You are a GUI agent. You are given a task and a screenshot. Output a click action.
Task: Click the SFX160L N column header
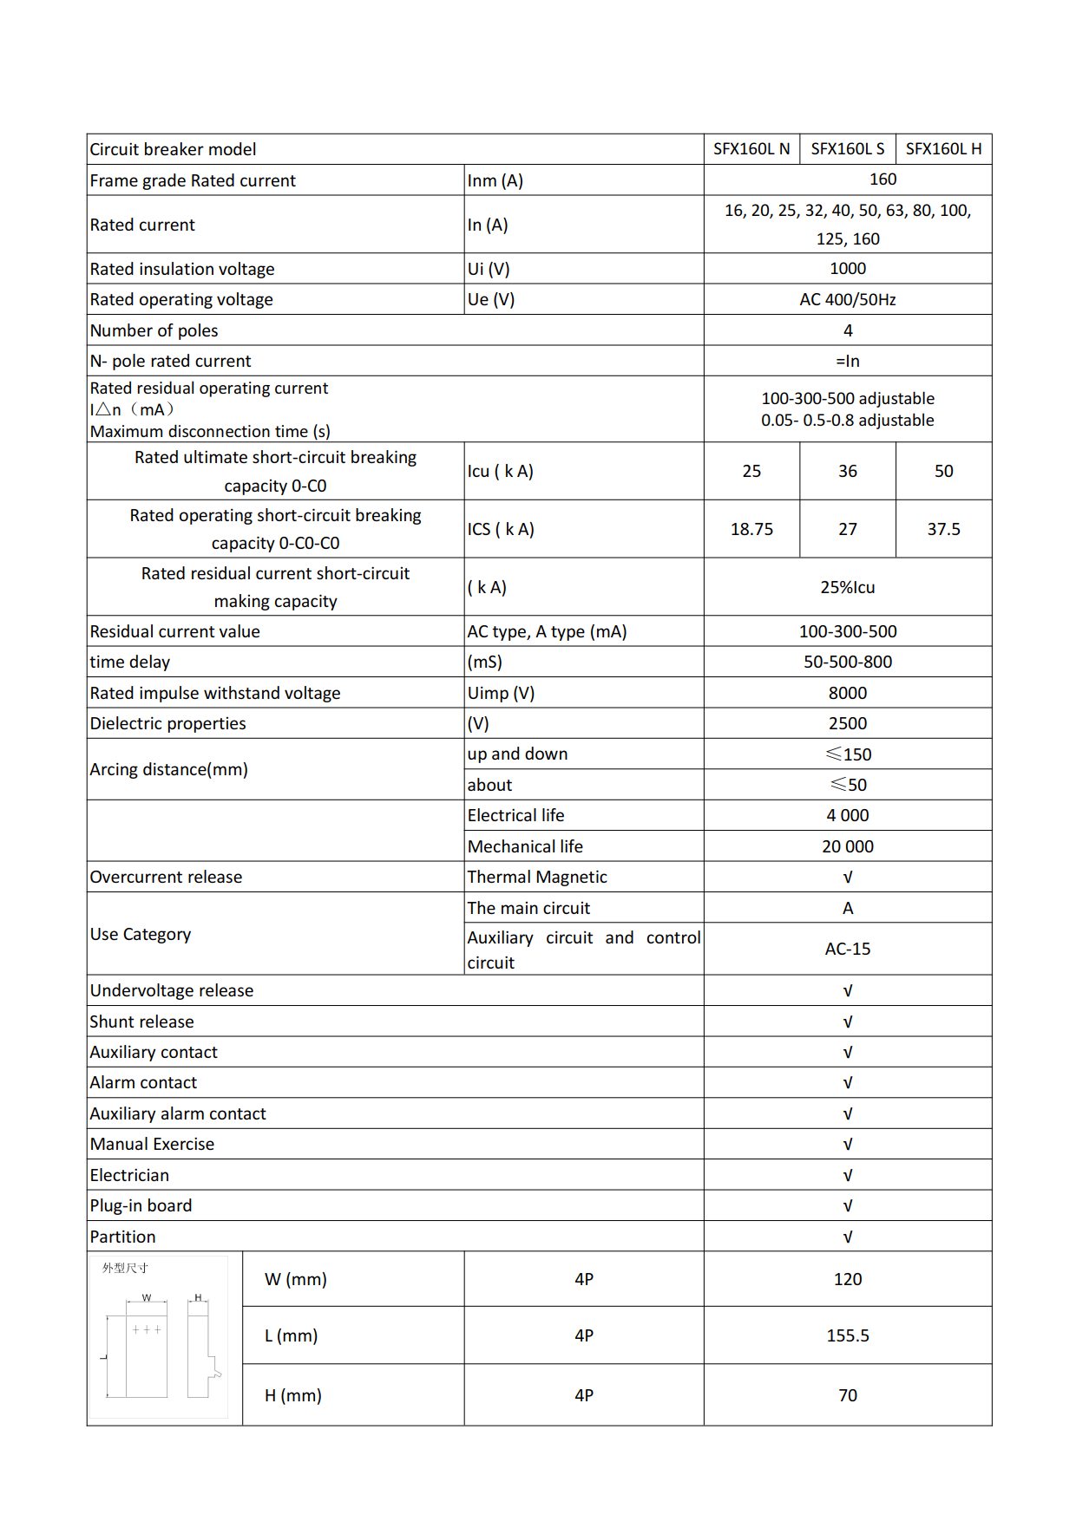(x=751, y=149)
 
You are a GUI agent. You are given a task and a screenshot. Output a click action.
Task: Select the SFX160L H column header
(x=943, y=149)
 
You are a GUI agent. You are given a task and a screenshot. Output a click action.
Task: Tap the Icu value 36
(x=847, y=471)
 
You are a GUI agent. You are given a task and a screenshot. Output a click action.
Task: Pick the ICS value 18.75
(x=751, y=529)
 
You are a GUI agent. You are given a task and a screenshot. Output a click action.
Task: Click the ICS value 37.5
(x=943, y=529)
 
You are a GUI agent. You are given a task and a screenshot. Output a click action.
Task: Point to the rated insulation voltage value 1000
(x=847, y=269)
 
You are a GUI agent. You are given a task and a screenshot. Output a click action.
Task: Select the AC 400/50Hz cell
(x=847, y=299)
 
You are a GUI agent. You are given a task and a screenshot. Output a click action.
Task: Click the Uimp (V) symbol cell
(x=501, y=693)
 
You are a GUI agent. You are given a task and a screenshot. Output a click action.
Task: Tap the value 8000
(x=847, y=693)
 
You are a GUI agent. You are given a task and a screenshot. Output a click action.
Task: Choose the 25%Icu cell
(x=847, y=587)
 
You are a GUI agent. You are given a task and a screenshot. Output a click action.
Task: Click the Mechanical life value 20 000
(x=847, y=846)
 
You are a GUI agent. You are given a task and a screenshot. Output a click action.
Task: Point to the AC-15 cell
(x=847, y=949)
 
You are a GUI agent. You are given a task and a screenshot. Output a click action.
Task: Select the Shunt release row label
(x=141, y=1022)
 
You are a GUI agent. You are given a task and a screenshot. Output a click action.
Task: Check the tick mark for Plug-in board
(x=847, y=1205)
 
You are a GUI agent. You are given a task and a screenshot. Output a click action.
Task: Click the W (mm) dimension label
(x=295, y=1279)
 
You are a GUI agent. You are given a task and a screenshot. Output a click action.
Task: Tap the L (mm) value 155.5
(x=847, y=1335)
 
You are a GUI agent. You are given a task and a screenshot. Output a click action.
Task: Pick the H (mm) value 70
(x=847, y=1395)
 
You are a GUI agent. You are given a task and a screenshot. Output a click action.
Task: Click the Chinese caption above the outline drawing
(x=125, y=1268)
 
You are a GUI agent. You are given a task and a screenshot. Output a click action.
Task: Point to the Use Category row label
(x=141, y=934)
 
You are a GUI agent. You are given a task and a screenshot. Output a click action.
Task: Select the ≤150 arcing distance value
(x=848, y=754)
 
